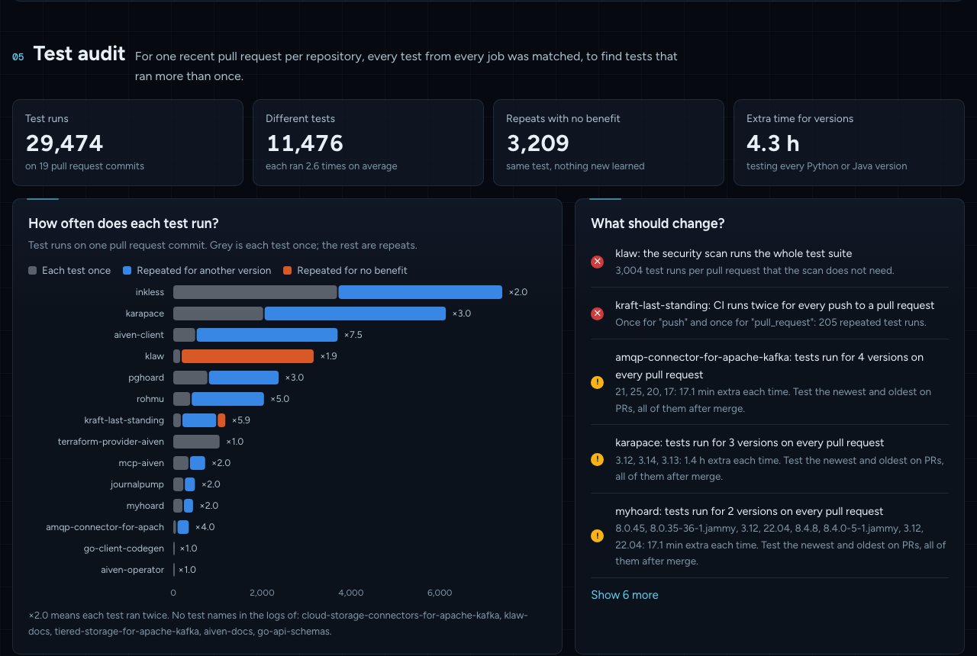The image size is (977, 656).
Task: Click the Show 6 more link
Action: [624, 594]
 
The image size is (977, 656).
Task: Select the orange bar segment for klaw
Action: [247, 356]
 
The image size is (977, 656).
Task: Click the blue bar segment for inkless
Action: [420, 292]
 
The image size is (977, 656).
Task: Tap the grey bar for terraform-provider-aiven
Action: [196, 442]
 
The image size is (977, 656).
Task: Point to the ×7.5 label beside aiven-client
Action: [353, 335]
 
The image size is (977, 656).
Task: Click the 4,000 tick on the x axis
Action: [350, 593]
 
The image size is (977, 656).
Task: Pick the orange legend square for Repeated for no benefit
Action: [287, 270]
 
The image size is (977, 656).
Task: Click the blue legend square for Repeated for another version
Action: [127, 270]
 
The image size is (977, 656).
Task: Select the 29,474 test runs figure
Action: [64, 143]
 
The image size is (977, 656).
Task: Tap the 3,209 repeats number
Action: [537, 143]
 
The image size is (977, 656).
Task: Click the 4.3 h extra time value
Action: [772, 143]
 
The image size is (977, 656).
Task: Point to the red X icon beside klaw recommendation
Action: [597, 262]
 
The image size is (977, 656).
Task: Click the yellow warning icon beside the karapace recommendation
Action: [597, 459]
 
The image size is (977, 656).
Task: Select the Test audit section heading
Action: [79, 53]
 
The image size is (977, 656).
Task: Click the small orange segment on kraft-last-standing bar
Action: [221, 420]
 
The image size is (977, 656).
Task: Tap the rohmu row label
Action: [150, 399]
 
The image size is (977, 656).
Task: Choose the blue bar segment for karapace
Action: [355, 314]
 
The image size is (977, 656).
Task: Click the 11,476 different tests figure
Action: [305, 143]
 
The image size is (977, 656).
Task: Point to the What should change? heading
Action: [657, 223]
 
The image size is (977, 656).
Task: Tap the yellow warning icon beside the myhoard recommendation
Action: [597, 535]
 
